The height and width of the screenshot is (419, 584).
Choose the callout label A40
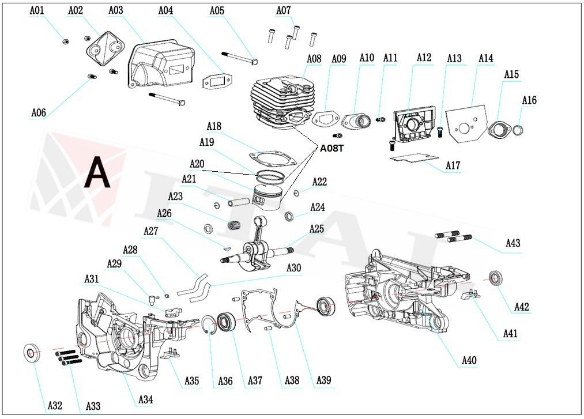pyautogui.click(x=469, y=361)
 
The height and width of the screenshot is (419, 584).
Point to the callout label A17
pyautogui.click(x=453, y=166)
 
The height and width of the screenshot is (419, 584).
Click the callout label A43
pyautogui.click(x=513, y=243)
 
